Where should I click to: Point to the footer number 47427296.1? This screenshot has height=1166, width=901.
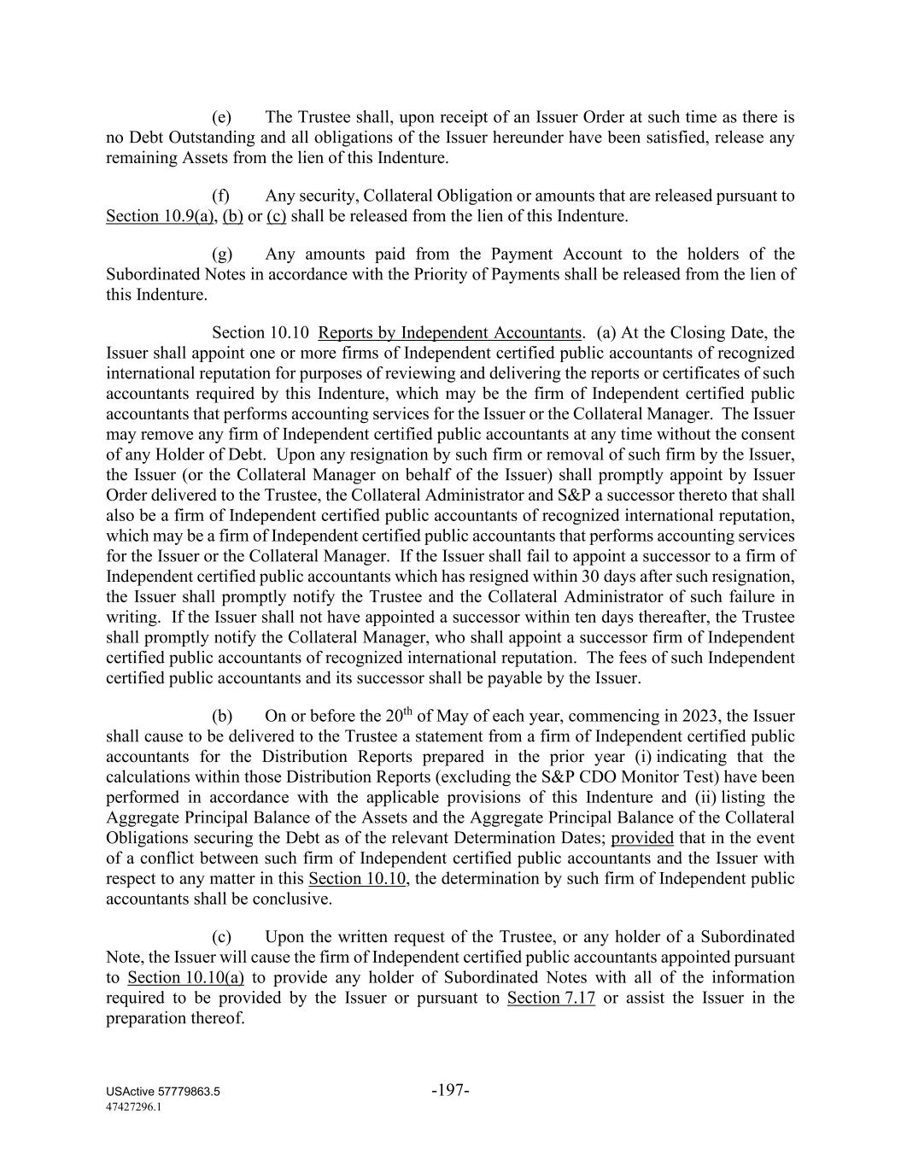[134, 1106]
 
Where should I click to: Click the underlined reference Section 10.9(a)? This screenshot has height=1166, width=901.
[159, 216]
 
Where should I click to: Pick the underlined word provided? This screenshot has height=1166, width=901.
[642, 838]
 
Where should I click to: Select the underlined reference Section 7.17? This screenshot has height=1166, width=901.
[551, 998]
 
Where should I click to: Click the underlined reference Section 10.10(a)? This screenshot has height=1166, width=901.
[185, 977]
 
